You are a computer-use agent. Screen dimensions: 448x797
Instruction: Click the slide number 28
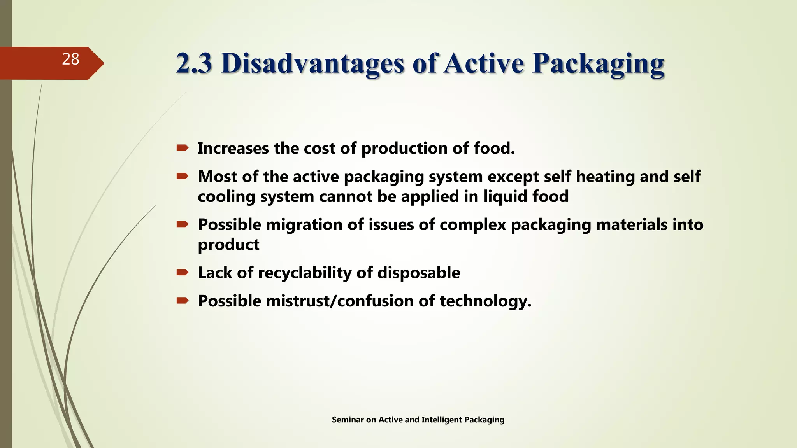coord(70,59)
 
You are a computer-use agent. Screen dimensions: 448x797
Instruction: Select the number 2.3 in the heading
coord(194,63)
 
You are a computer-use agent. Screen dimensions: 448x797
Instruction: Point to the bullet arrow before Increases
coord(183,148)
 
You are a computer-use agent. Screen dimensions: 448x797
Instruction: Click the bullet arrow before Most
coord(183,177)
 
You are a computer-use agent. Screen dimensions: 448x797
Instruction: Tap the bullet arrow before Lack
coord(183,272)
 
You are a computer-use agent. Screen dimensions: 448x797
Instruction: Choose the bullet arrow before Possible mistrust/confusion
coord(183,301)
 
